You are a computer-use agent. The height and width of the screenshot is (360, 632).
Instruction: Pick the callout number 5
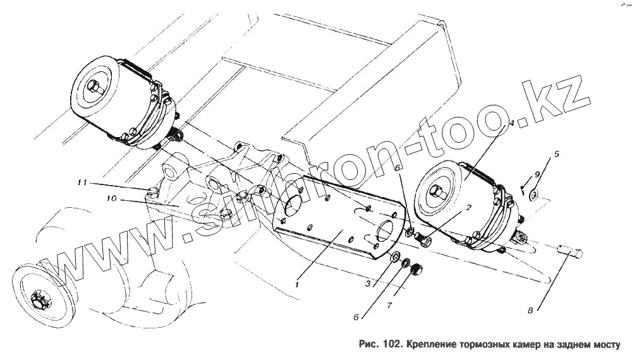click(x=557, y=153)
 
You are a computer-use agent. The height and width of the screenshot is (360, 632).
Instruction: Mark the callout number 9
click(x=537, y=174)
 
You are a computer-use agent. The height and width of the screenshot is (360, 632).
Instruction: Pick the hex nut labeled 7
click(x=416, y=269)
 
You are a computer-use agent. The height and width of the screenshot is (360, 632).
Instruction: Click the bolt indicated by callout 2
click(x=424, y=241)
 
